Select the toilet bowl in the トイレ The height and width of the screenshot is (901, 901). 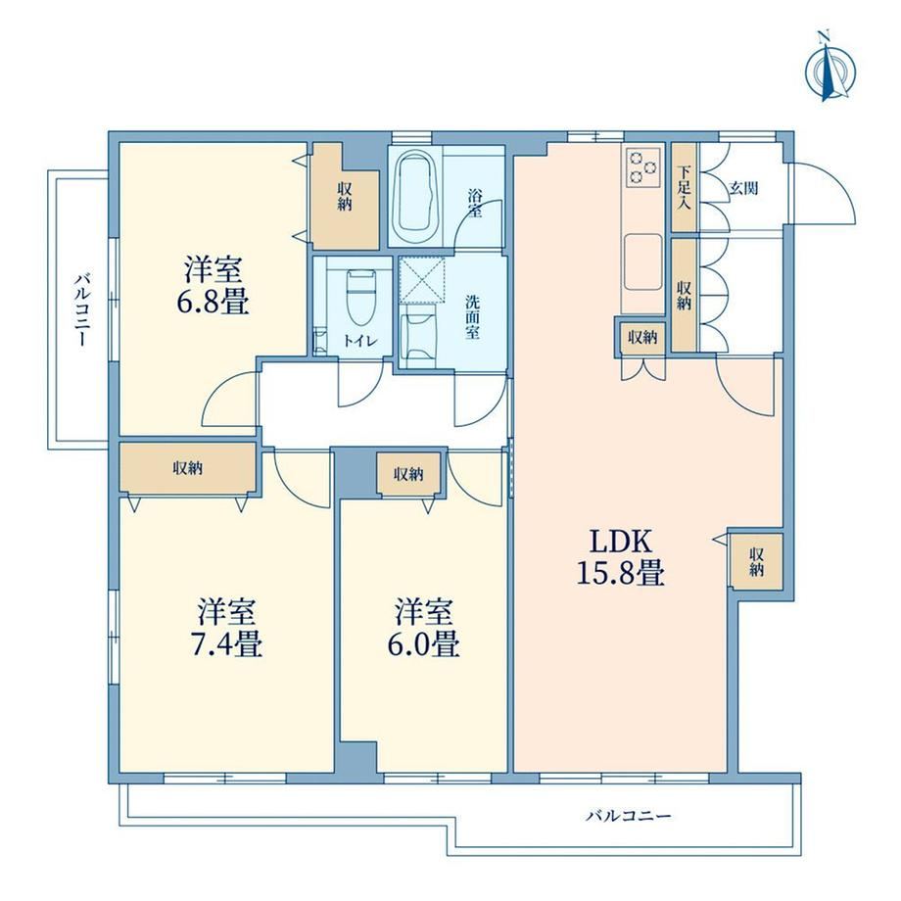point(360,298)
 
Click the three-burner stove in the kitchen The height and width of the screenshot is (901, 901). point(642,166)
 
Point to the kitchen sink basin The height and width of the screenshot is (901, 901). point(642,262)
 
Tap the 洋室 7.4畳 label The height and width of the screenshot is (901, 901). point(226,628)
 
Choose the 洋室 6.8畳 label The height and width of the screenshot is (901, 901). point(213,285)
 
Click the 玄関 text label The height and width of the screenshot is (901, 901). point(743,187)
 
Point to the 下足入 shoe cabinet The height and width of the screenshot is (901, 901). point(684,187)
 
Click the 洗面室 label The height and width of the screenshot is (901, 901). point(472,317)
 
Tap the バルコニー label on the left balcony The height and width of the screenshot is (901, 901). point(80,309)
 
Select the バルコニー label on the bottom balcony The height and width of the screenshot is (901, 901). point(628,816)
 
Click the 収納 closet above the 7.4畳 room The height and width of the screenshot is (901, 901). point(187,467)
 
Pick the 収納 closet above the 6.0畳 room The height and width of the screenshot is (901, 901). point(408,473)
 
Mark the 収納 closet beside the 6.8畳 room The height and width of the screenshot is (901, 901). point(345,195)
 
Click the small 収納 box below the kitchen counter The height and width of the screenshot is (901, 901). point(641,337)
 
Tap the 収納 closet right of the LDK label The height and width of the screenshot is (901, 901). point(756,561)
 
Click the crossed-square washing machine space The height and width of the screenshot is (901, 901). point(422,280)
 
